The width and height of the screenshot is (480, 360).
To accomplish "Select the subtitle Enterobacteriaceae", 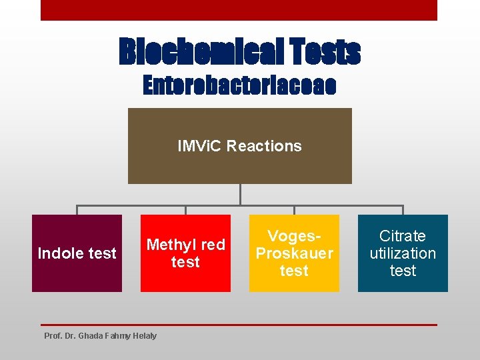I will [x=239, y=85].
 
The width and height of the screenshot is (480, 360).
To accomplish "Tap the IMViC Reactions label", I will [x=239, y=146].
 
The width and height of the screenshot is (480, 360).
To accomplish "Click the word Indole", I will [x=59, y=253].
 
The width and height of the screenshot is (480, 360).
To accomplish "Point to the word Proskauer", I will [x=294, y=253].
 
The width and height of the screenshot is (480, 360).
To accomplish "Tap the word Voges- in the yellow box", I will [x=294, y=236].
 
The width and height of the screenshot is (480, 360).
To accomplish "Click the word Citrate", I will [x=403, y=236].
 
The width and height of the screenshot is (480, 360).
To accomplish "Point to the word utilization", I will [x=403, y=253].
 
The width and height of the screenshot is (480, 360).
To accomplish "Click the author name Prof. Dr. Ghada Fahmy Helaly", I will [x=100, y=335].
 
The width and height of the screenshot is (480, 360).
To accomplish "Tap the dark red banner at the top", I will [x=239, y=10].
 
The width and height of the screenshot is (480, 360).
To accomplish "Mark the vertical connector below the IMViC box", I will [x=240, y=194].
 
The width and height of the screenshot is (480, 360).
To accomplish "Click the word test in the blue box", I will [x=403, y=271].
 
